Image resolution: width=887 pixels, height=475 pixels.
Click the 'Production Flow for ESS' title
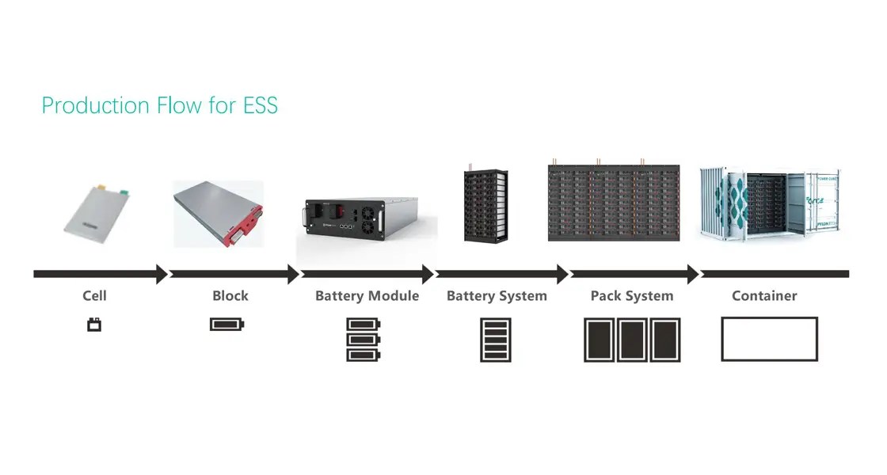pyautogui.click(x=159, y=105)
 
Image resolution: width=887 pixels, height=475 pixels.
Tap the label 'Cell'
pyautogui.click(x=94, y=296)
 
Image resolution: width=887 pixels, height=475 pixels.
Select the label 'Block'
pyautogui.click(x=230, y=296)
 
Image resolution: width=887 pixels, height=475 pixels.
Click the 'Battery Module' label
pyautogui.click(x=367, y=296)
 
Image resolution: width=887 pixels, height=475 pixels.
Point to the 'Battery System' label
pyautogui.click(x=497, y=296)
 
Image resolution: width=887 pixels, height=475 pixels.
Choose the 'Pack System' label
pyautogui.click(x=632, y=296)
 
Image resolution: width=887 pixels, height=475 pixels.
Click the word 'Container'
pyautogui.click(x=764, y=296)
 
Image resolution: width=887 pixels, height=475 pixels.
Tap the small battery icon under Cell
pyautogui.click(x=94, y=324)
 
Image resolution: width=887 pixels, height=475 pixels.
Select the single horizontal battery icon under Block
pyautogui.click(x=228, y=324)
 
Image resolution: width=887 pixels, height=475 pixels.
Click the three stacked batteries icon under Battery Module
pyautogui.click(x=364, y=340)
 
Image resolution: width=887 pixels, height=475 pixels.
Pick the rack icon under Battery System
pyautogui.click(x=496, y=340)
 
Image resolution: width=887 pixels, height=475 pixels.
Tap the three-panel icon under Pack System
pyautogui.click(x=632, y=340)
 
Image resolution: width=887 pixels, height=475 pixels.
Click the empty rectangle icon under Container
pyautogui.click(x=769, y=339)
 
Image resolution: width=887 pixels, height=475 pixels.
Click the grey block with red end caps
pyautogui.click(x=218, y=211)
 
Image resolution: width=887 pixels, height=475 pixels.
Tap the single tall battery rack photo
pyautogui.click(x=485, y=204)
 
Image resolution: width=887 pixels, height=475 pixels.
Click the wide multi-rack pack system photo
pyautogui.click(x=615, y=202)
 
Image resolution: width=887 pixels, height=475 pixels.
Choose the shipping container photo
pyautogui.click(x=768, y=203)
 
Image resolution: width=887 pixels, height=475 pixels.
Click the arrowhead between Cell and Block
pyautogui.click(x=162, y=274)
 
